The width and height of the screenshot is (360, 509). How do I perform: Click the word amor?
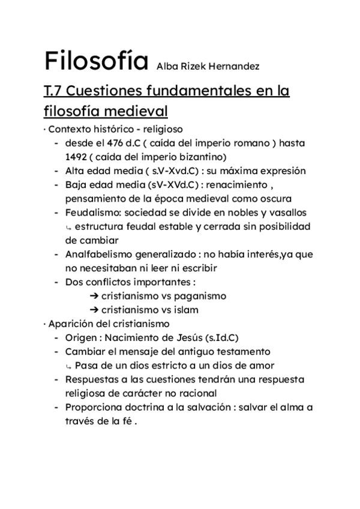[x=263, y=365]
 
